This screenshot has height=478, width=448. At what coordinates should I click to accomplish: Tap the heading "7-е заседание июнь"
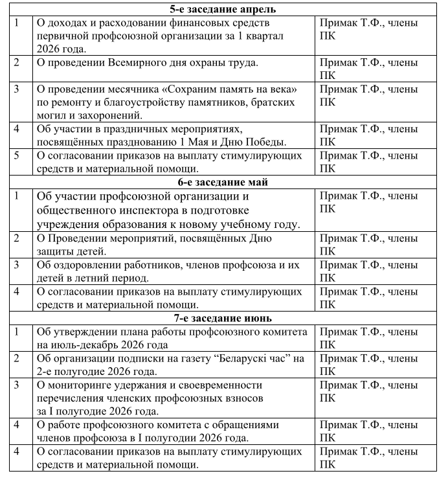click(223, 318)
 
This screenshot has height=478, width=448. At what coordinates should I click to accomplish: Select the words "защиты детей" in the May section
click(71, 251)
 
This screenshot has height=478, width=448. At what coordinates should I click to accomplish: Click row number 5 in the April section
click(17, 155)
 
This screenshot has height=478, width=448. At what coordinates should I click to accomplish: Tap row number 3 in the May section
click(17, 265)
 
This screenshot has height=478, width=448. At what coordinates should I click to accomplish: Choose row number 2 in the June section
click(17, 358)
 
